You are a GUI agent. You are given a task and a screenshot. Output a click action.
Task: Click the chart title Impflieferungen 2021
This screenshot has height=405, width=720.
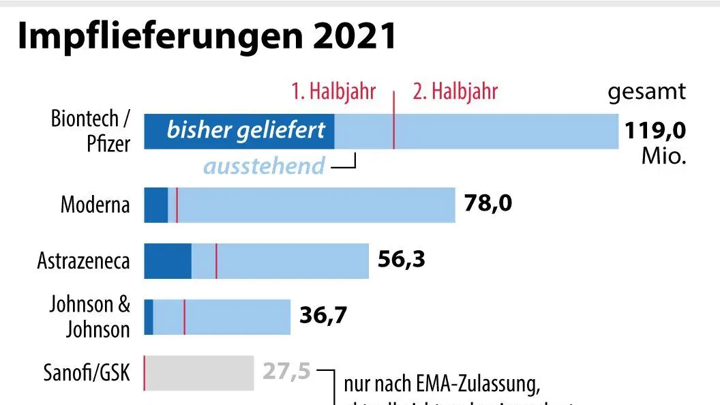click(x=207, y=36)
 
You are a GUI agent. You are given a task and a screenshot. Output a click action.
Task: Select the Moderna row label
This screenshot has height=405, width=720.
click(x=95, y=205)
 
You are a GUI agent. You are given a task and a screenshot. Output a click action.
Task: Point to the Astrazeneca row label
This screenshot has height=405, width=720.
click(x=83, y=260)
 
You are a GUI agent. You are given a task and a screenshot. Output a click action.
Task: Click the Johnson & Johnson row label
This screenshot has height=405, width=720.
click(x=89, y=317)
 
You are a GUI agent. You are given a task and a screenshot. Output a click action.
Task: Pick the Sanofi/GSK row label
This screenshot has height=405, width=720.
click(x=86, y=373)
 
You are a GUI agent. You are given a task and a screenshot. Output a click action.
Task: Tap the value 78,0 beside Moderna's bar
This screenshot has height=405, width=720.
click(x=487, y=203)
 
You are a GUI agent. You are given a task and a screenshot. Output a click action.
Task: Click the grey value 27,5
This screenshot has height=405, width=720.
click(x=286, y=372)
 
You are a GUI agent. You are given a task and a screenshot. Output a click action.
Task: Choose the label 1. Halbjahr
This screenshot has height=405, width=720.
click(x=333, y=91)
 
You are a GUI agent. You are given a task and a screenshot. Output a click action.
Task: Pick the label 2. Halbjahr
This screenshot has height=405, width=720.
click(x=455, y=91)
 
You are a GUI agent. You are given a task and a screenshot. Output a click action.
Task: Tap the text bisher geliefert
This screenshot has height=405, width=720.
click(x=245, y=130)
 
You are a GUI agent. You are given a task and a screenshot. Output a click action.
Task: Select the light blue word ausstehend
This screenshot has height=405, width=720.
click(x=265, y=166)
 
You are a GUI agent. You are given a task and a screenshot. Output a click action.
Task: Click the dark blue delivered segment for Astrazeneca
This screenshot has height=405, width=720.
click(x=168, y=260)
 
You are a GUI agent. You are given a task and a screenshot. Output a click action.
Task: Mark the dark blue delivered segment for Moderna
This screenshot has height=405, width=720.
click(x=155, y=205)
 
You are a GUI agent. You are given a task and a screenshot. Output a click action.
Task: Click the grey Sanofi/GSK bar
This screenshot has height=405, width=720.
click(x=199, y=373)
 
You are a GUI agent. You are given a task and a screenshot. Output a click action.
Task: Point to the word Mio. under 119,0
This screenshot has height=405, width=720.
click(x=663, y=156)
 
